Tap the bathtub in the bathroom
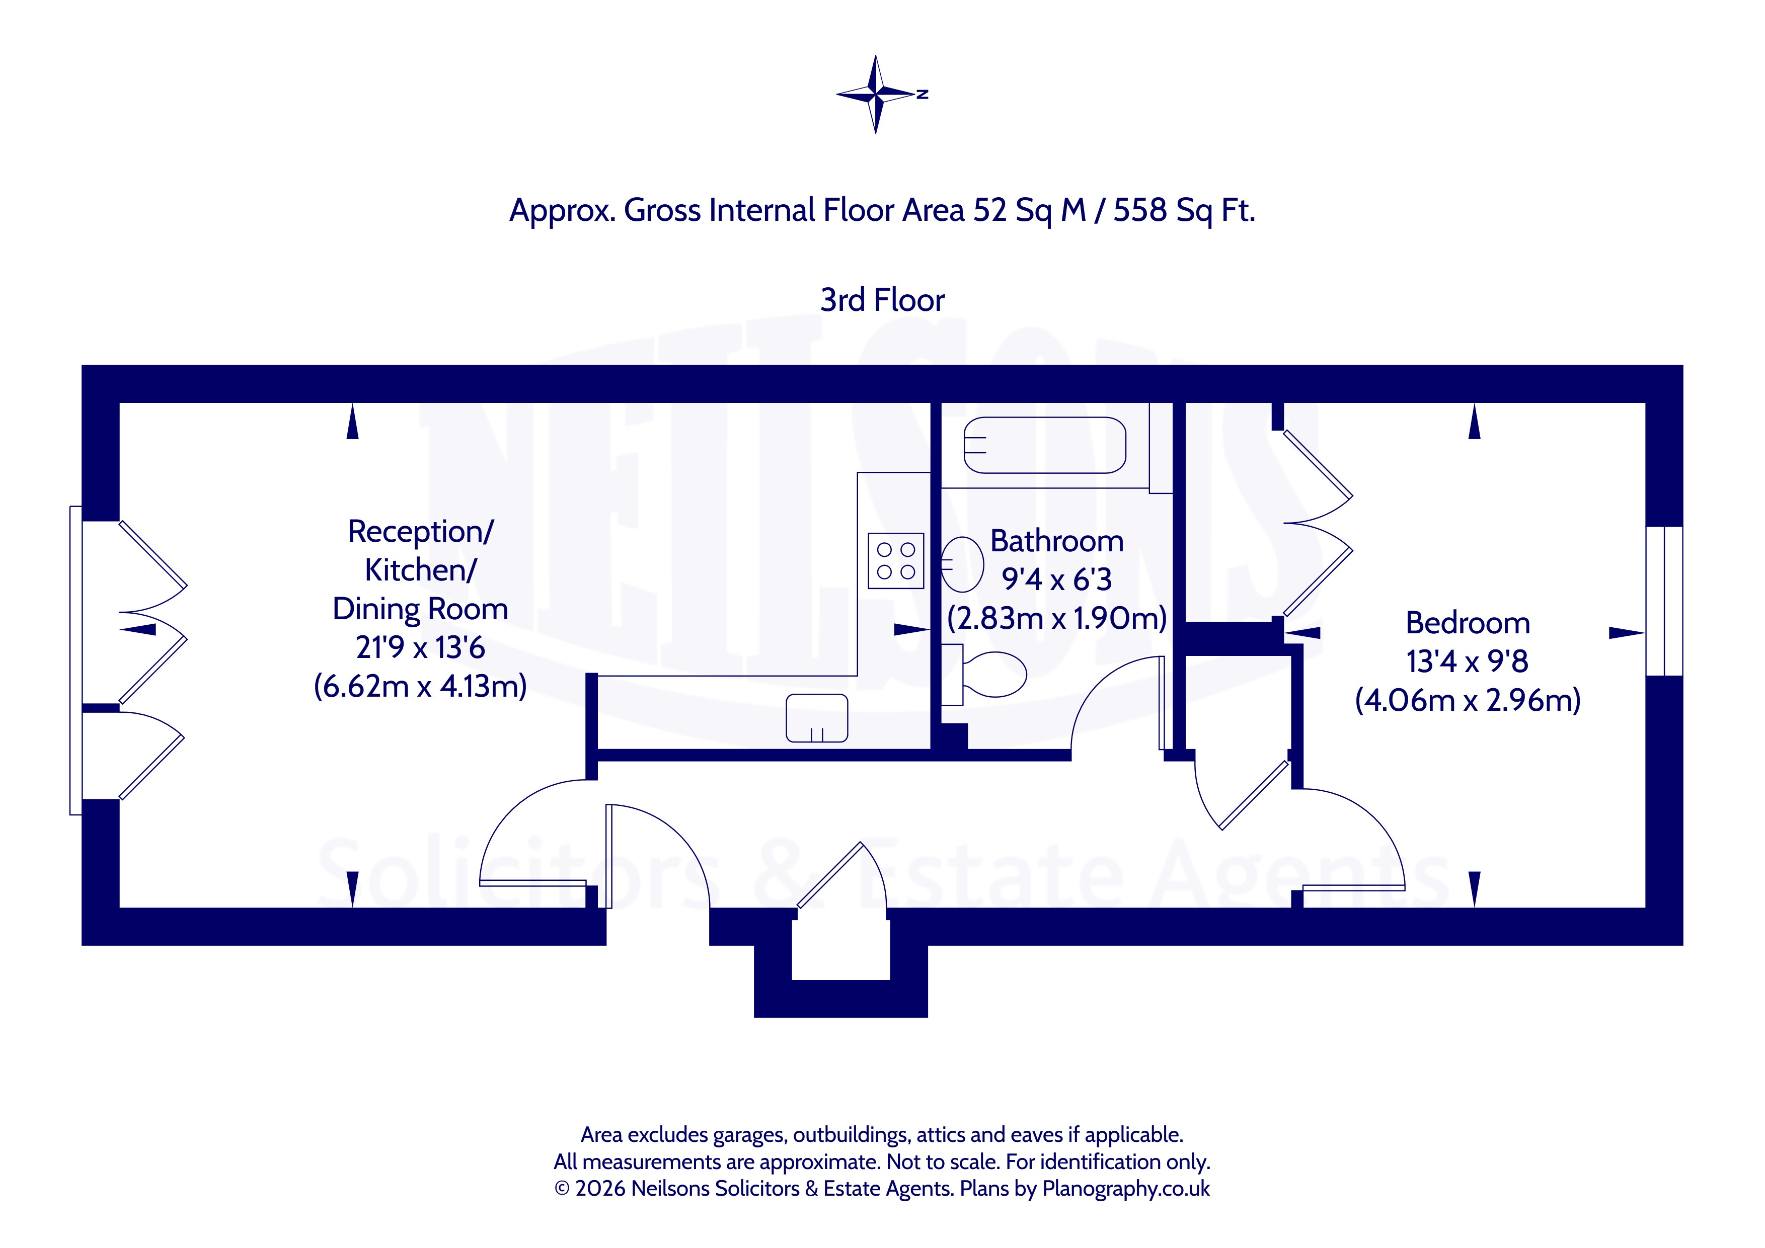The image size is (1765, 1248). click(x=1045, y=445)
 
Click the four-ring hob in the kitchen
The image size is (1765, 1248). click(x=895, y=561)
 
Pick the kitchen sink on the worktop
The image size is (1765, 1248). click(x=816, y=718)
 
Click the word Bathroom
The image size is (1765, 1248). click(x=1056, y=541)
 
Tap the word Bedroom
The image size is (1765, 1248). click(x=1468, y=622)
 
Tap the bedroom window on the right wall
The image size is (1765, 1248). click(x=1664, y=601)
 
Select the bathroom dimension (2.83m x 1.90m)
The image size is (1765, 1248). click(x=1056, y=618)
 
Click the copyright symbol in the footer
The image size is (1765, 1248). click(x=562, y=1189)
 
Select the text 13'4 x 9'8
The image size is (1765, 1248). click(x=1468, y=661)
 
